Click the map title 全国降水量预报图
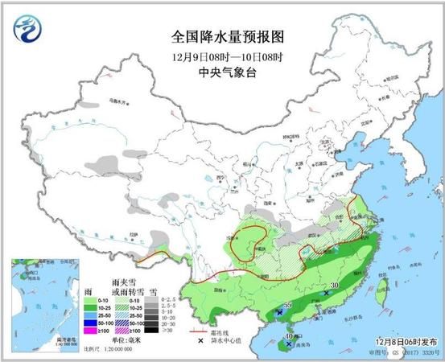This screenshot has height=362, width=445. point(229,37)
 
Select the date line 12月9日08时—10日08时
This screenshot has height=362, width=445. point(229,57)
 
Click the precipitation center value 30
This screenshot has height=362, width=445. point(333,286)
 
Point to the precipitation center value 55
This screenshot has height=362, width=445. point(287,306)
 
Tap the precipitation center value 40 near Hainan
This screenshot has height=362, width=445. point(290,336)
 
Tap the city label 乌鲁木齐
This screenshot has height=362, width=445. point(119,103)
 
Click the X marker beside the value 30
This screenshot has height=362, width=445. point(325,294)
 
